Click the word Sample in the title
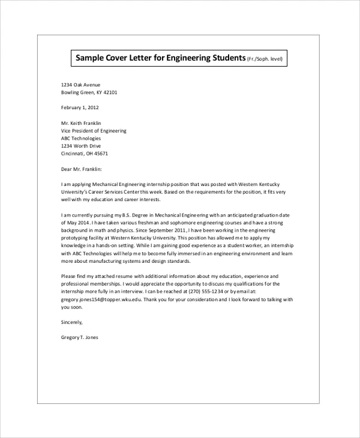point(91,58)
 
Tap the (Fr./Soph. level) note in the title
point(265,59)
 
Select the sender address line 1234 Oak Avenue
point(81,85)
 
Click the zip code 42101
point(109,93)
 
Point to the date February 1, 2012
point(80,108)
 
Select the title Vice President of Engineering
point(94,131)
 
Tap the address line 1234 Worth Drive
point(81,146)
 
